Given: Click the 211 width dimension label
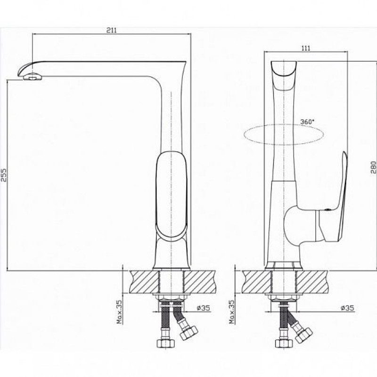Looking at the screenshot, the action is [111, 30].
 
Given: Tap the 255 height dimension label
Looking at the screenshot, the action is [4, 175].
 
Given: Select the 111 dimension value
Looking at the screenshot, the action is [305, 48].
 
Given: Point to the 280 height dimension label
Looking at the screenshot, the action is [373, 167].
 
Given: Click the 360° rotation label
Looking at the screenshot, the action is [307, 122].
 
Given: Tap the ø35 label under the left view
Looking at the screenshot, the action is [204, 308].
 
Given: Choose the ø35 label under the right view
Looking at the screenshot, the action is [347, 308].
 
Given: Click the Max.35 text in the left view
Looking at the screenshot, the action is [119, 311].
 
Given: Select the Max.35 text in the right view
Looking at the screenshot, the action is [231, 311].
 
